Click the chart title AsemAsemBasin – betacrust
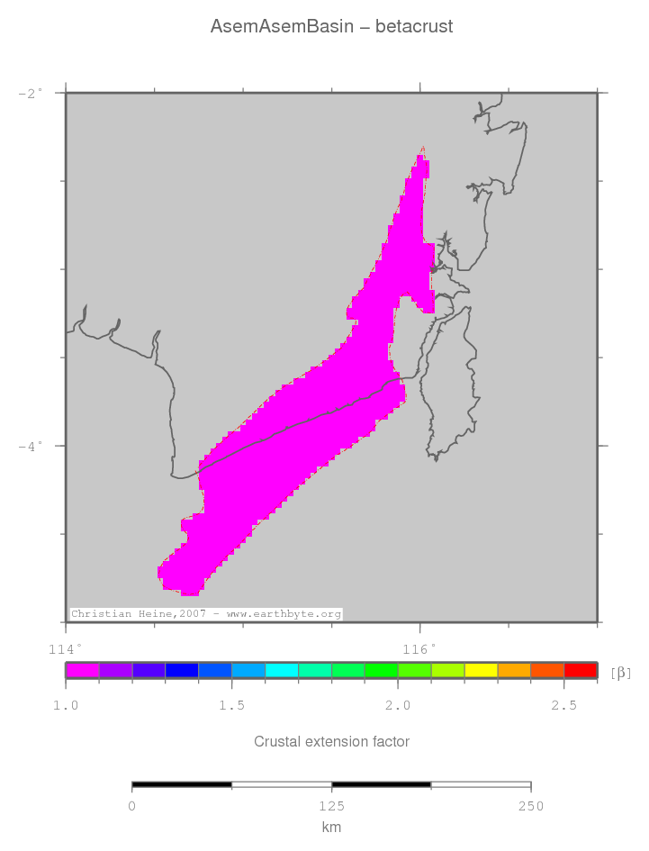pos(331,27)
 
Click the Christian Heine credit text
pos(206,614)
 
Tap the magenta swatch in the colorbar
pos(82,670)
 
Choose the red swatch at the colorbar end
pos(580,670)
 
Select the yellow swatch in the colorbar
pos(481,670)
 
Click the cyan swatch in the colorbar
pos(282,670)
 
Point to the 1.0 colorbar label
pos(66,705)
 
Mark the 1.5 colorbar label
pos(232,705)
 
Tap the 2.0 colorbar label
pos(398,705)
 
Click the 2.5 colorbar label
pos(563,705)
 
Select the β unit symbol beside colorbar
pos(621,672)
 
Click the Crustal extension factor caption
pos(331,742)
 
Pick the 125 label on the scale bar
pos(331,806)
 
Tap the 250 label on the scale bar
pos(530,806)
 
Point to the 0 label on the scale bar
pos(132,806)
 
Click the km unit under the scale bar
pos(331,828)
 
